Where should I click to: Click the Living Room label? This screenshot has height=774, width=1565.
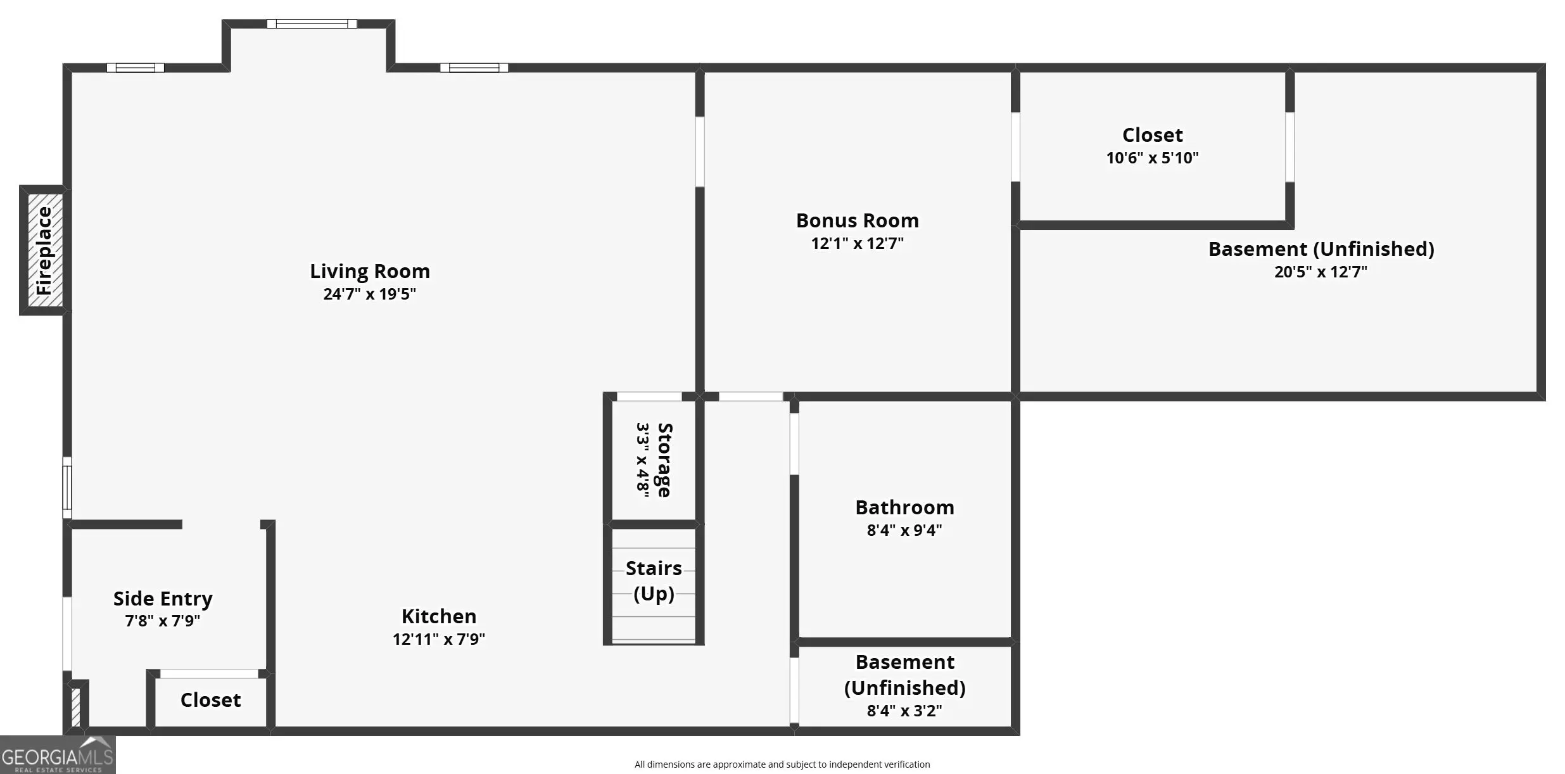click(x=370, y=272)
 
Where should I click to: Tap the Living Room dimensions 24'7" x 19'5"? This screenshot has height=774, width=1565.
click(x=370, y=294)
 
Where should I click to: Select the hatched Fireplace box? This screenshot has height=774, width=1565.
click(x=45, y=250)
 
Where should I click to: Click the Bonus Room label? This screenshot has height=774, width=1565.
click(x=858, y=220)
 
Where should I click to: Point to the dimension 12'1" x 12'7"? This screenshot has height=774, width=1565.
click(x=858, y=243)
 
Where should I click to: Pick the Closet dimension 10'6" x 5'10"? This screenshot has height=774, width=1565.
click(x=1153, y=158)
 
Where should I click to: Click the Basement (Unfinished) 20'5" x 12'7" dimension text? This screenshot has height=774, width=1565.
click(x=1321, y=272)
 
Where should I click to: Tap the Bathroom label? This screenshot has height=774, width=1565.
click(x=904, y=507)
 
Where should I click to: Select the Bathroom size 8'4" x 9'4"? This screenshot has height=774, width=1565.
click(x=904, y=530)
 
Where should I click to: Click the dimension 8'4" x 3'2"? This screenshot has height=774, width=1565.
click(x=904, y=711)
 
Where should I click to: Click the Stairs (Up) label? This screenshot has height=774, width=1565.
click(x=654, y=581)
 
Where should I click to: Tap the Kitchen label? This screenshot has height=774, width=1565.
click(x=439, y=616)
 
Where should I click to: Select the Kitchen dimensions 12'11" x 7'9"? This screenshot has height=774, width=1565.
click(x=439, y=639)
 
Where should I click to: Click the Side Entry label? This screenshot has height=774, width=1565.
click(x=163, y=599)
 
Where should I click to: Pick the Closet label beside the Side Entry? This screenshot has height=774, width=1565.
click(x=210, y=700)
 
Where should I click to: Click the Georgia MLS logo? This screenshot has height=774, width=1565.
click(x=58, y=755)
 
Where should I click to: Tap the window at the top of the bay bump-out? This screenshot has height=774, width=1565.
click(x=312, y=24)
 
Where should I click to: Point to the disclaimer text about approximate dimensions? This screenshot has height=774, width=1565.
click(x=782, y=764)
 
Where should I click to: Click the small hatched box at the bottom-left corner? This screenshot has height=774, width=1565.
click(x=76, y=707)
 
